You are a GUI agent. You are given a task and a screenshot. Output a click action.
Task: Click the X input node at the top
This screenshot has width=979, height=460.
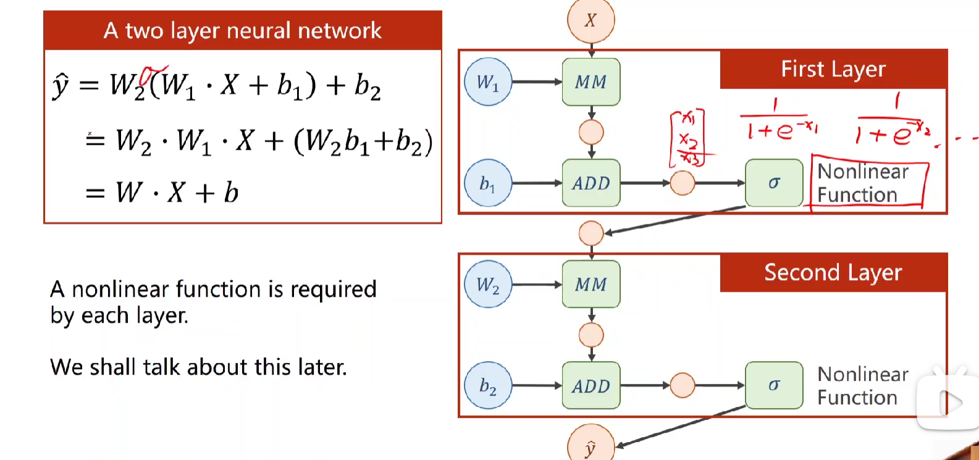590,20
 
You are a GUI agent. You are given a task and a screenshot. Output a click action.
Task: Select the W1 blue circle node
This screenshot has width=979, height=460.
488,82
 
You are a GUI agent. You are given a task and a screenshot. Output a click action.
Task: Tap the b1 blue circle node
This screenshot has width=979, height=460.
488,183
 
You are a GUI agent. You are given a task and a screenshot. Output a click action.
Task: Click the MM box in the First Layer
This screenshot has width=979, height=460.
591,82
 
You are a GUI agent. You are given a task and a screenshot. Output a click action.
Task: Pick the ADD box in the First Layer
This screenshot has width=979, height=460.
591,183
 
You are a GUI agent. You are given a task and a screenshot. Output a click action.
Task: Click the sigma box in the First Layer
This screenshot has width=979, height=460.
774,183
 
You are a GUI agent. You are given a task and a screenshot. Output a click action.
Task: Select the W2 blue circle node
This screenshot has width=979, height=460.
488,284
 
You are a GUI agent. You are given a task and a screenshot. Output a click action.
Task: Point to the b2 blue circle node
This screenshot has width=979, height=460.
488,386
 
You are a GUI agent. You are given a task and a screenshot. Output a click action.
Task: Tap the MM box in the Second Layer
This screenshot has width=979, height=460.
591,284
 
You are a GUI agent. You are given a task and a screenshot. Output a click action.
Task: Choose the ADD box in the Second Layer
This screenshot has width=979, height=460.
591,386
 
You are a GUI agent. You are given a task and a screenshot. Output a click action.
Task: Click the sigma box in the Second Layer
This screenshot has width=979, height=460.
774,386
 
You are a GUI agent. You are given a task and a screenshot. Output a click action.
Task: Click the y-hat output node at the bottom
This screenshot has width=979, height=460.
590,446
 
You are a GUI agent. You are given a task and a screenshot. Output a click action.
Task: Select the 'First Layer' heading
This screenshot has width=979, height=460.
833,69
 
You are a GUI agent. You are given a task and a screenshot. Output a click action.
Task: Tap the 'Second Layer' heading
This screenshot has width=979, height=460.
833,273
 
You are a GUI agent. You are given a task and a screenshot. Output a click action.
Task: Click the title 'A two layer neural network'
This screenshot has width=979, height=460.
243,30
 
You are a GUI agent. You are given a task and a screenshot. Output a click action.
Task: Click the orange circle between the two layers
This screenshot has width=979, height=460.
591,233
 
